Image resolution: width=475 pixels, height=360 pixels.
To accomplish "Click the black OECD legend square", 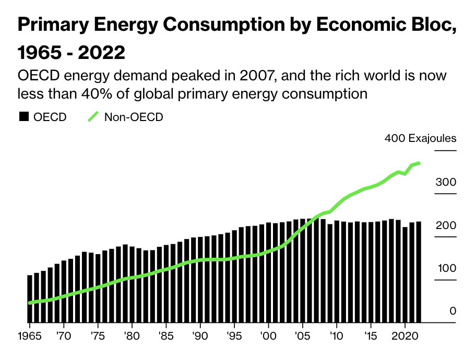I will (23, 117).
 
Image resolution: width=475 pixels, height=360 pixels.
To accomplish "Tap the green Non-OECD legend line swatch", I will (93, 117).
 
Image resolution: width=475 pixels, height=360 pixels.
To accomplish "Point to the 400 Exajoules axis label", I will (420, 139).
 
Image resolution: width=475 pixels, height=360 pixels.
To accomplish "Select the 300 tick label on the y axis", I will (446, 183).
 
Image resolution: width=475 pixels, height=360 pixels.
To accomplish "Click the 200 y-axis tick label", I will (446, 225).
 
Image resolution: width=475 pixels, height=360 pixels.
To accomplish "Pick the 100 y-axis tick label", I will (446, 269).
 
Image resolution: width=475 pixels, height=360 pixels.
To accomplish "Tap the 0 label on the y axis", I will (453, 311).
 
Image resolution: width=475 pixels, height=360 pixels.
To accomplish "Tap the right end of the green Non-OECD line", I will (419, 163).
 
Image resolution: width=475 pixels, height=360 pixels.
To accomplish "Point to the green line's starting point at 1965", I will (30, 303).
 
